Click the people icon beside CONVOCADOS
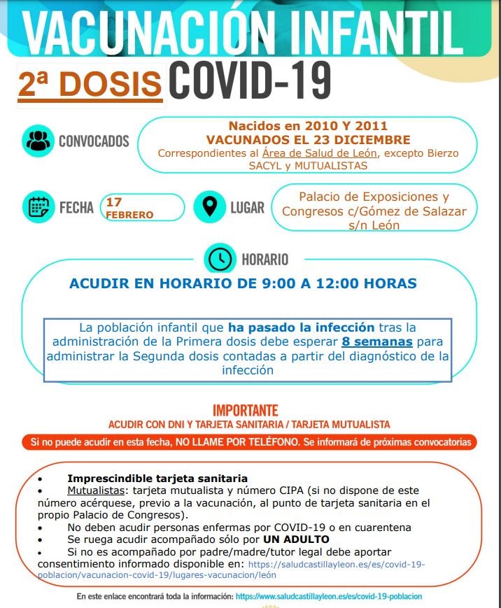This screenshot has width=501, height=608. [38, 141]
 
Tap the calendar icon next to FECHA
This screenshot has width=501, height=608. [38, 207]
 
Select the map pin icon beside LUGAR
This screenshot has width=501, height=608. [209, 207]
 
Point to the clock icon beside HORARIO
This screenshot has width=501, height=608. [220, 260]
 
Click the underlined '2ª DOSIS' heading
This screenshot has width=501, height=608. [90, 85]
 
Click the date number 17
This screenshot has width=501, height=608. [113, 202]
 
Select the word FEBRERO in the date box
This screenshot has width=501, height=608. [129, 215]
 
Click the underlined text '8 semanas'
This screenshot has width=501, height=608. [376, 342]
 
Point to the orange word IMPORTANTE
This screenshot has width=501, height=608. [246, 411]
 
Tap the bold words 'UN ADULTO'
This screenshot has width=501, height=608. [296, 539]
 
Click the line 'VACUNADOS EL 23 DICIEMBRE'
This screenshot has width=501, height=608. [308, 141]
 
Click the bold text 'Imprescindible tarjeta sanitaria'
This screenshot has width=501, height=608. [157, 479]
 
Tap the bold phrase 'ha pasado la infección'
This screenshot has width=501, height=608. [301, 327]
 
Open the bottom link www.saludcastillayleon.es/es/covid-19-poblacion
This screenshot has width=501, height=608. [329, 597]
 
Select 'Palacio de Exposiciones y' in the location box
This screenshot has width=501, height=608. [374, 197]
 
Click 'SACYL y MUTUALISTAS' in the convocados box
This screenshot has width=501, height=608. [308, 166]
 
